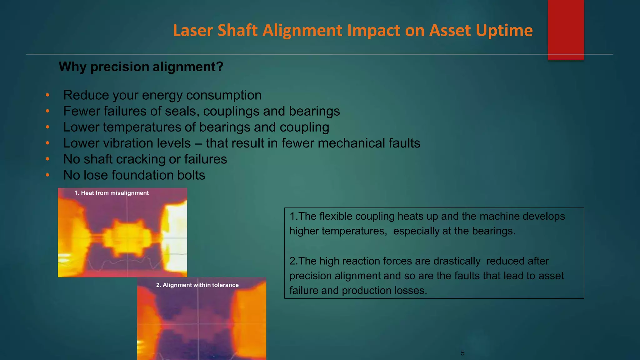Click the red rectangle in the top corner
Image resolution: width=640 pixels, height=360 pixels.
(566, 30)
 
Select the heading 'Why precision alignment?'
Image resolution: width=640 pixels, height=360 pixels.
(141, 67)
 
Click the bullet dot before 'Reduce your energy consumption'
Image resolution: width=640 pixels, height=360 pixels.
(47, 95)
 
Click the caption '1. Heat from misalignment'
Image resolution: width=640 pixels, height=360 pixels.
(112, 193)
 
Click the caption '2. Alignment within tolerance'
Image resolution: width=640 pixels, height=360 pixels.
(197, 285)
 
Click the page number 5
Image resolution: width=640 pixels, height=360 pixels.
(462, 353)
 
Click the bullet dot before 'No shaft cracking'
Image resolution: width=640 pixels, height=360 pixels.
(47, 159)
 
